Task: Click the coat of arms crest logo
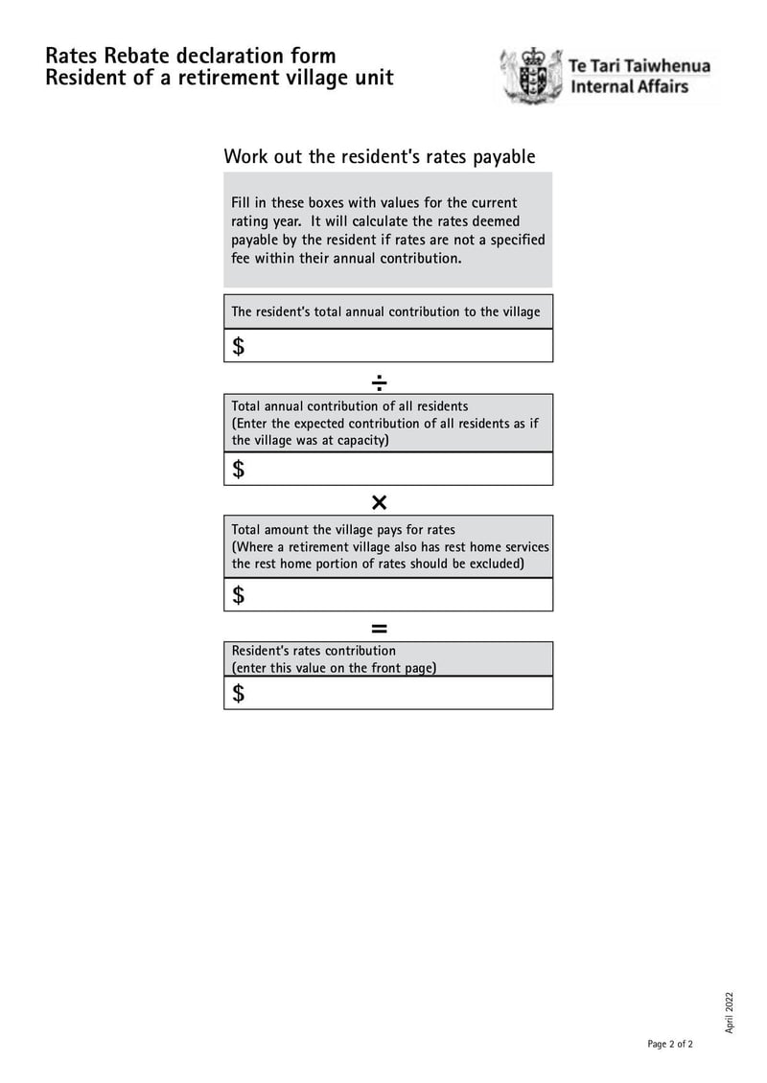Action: pos(530,77)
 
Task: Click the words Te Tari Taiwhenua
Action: pos(639,66)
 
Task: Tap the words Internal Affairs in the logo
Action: pos(629,87)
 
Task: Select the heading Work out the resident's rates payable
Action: pos(379,156)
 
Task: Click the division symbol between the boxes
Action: pos(379,382)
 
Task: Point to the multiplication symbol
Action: pos(379,503)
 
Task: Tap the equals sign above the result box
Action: pos(379,629)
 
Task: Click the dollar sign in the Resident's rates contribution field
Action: pos(239,693)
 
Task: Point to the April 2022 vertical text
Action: pos(729,1012)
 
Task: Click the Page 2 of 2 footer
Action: pos(669,1044)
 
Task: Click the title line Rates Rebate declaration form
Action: pos(190,56)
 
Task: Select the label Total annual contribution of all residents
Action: pos(349,406)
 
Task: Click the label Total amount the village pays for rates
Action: pos(343,529)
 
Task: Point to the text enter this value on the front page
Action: pos(334,668)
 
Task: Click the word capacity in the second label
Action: pos(360,441)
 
